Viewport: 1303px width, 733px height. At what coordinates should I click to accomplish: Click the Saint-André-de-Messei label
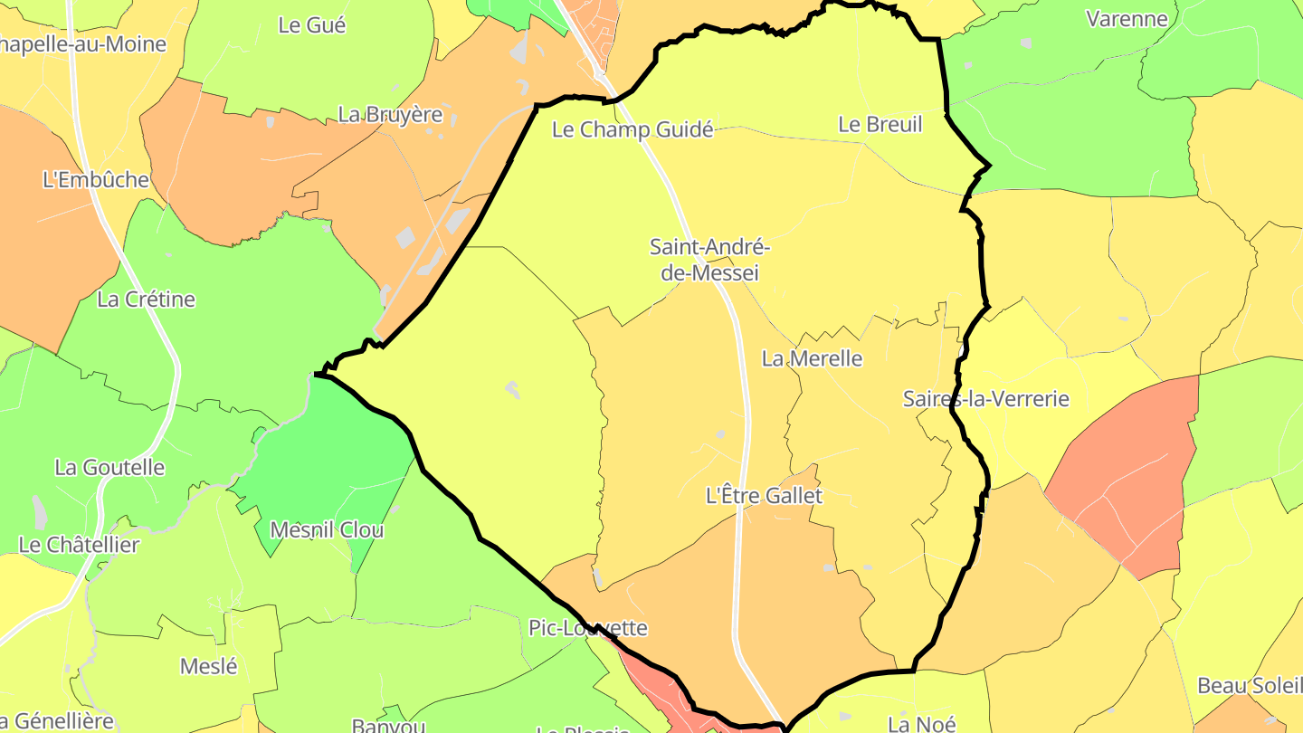pyautogui.click(x=709, y=260)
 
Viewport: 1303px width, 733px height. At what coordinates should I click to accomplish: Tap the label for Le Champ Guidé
pyautogui.click(x=632, y=129)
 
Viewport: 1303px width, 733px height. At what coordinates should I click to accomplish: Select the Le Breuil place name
pyautogui.click(x=880, y=125)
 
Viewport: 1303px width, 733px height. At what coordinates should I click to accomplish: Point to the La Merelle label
pyautogui.click(x=812, y=359)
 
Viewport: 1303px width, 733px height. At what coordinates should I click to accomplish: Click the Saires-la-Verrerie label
pyautogui.click(x=985, y=399)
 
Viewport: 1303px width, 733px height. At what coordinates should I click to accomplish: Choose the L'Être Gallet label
pyautogui.click(x=764, y=496)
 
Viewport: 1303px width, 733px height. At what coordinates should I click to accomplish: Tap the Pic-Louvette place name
pyautogui.click(x=588, y=628)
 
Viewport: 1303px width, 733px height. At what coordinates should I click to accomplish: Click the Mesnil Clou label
pyautogui.click(x=328, y=530)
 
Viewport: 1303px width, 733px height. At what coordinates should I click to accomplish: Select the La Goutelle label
pyautogui.click(x=109, y=468)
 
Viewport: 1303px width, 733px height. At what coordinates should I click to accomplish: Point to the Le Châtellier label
pyautogui.click(x=79, y=545)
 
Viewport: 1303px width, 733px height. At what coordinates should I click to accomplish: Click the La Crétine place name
pyautogui.click(x=146, y=300)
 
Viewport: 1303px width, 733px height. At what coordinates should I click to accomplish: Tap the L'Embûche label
pyautogui.click(x=96, y=180)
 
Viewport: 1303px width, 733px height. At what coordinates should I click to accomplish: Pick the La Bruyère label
pyautogui.click(x=390, y=115)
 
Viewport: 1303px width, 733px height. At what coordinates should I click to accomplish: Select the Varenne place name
pyautogui.click(x=1127, y=18)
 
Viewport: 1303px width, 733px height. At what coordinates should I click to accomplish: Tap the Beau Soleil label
pyautogui.click(x=1248, y=686)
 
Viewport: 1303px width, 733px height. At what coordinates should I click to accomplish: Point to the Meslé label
pyautogui.click(x=209, y=667)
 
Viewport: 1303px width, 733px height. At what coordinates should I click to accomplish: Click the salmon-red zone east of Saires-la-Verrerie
pyautogui.click(x=1131, y=471)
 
